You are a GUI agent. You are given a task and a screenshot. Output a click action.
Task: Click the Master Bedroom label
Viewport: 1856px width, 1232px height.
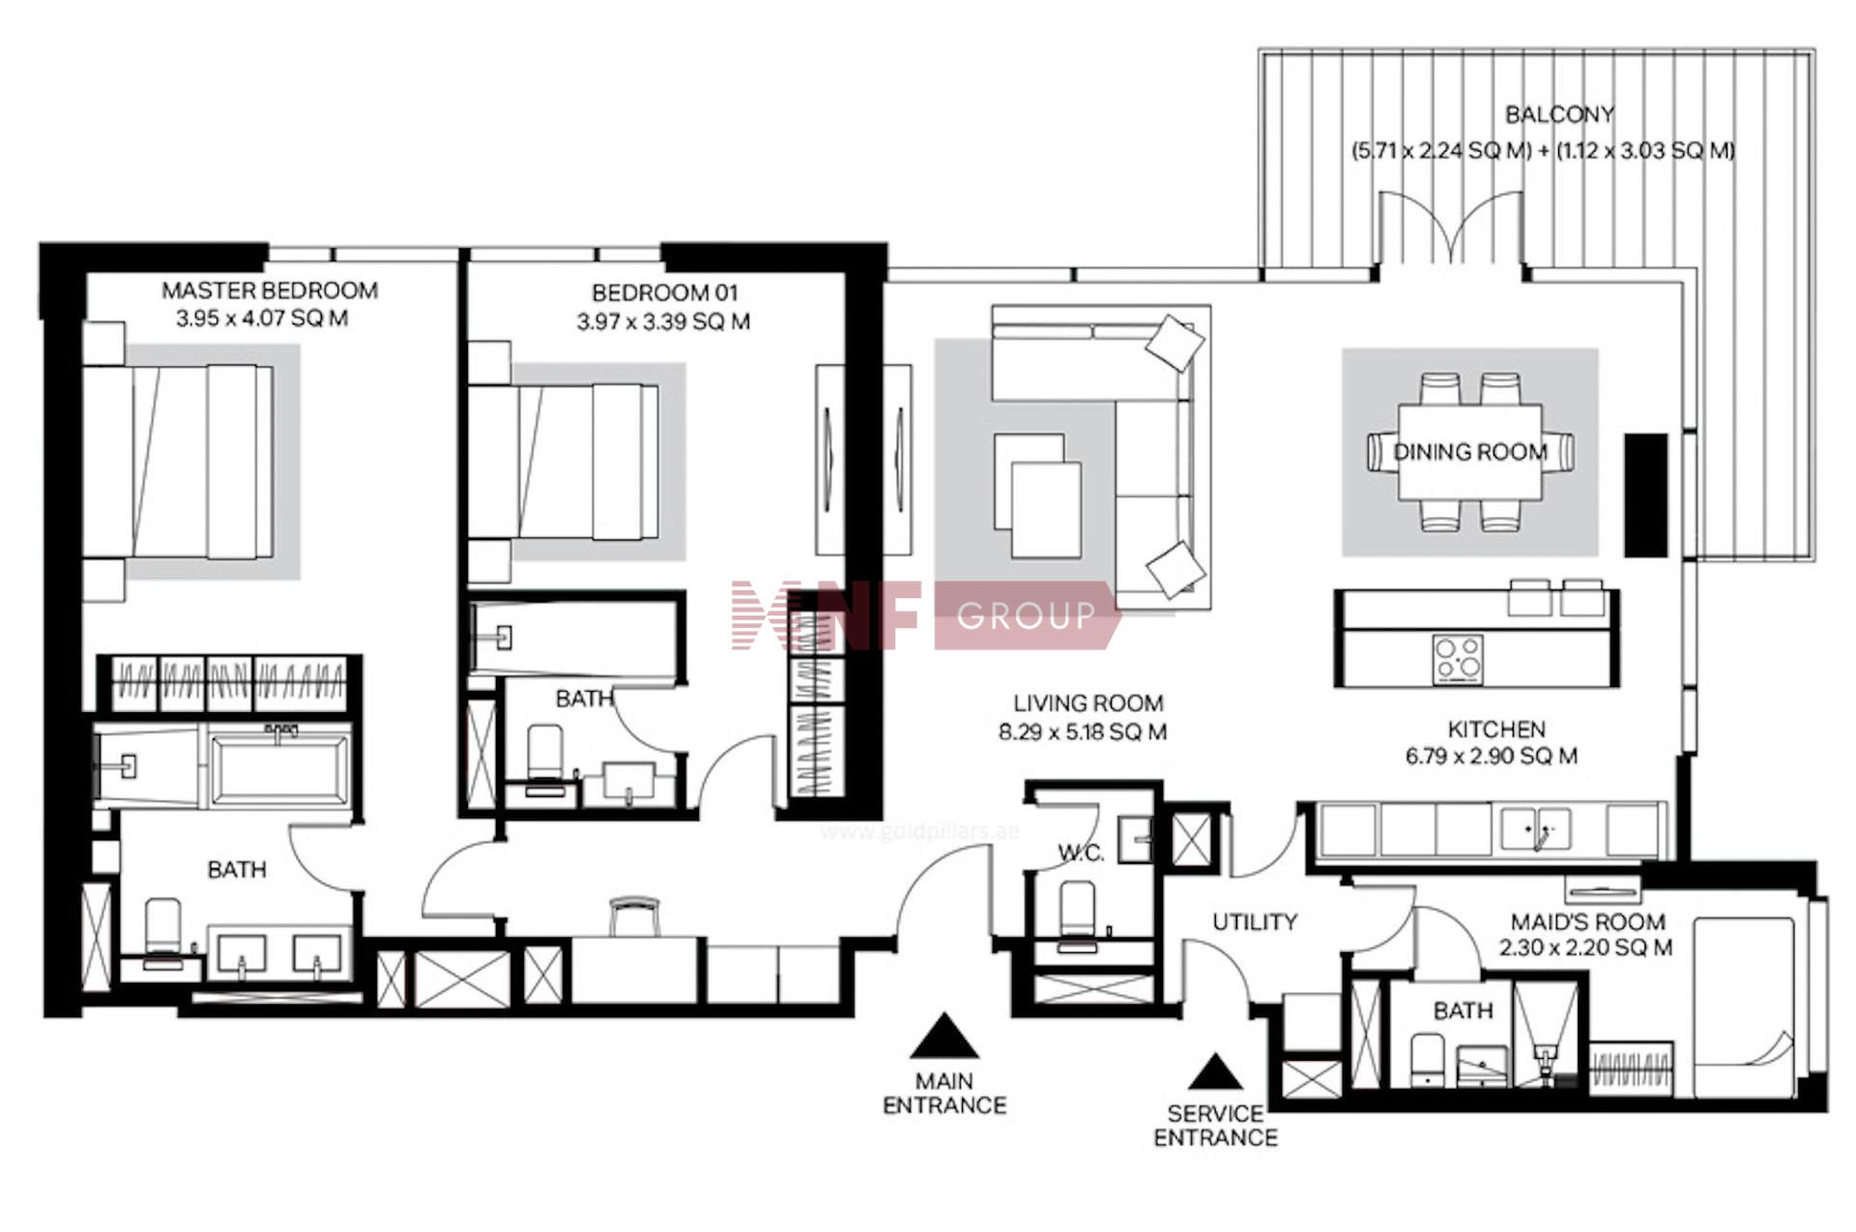[x=270, y=291]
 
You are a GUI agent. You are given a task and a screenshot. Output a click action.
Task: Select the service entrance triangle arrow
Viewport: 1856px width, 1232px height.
[x=1215, y=1072]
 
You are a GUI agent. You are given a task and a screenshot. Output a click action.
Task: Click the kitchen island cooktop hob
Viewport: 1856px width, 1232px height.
[x=1459, y=658]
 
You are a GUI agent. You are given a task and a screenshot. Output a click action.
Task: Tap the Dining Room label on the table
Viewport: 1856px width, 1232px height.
[x=1469, y=451]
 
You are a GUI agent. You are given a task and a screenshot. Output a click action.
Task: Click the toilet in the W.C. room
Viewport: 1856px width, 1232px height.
[x=1078, y=914]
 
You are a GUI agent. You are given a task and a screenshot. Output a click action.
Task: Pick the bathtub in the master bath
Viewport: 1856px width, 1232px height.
[x=280, y=769]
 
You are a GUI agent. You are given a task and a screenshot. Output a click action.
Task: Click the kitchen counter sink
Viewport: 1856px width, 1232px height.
[x=1536, y=830]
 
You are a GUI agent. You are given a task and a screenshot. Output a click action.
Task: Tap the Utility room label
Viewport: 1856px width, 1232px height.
[x=1255, y=922]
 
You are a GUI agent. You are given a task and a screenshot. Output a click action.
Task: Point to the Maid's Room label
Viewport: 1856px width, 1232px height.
[x=1587, y=922]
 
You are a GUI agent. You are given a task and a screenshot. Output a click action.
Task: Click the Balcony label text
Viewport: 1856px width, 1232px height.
[x=1559, y=115]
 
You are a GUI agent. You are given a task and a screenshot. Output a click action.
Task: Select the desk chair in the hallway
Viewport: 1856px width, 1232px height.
[x=635, y=916]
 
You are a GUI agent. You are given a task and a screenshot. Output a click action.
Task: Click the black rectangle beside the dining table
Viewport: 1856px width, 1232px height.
[x=1645, y=495]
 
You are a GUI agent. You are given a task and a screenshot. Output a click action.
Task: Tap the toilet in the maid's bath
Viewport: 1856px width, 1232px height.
[x=1427, y=1059]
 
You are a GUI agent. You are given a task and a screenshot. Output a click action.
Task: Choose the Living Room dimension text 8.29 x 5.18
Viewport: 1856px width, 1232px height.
[x=1082, y=732]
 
